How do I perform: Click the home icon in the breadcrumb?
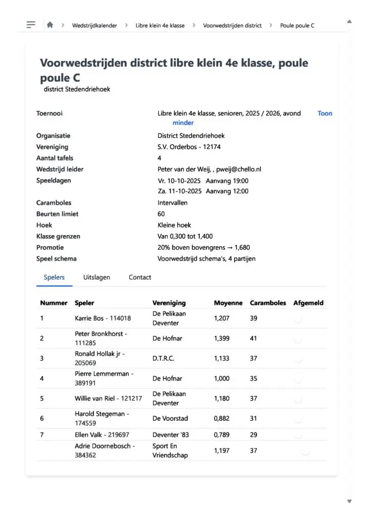pyautogui.click(x=50, y=25)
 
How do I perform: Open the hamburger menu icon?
pyautogui.click(x=31, y=25)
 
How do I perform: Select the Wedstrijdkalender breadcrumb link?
pyautogui.click(x=95, y=25)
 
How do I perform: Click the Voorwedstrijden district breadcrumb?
pyautogui.click(x=232, y=25)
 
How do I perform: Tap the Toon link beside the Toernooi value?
pyautogui.click(x=325, y=113)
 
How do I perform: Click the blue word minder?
pyautogui.click(x=183, y=123)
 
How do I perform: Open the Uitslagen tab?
pyautogui.click(x=97, y=277)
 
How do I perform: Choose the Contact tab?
pyautogui.click(x=140, y=277)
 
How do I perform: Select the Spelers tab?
pyautogui.click(x=54, y=277)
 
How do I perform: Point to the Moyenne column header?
pyautogui.click(x=228, y=303)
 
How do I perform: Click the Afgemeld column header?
pyautogui.click(x=308, y=303)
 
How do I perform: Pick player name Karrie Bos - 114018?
pyautogui.click(x=103, y=318)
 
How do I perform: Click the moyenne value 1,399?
pyautogui.click(x=222, y=338)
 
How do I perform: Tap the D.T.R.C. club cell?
pyautogui.click(x=163, y=359)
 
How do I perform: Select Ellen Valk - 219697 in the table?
pyautogui.click(x=102, y=435)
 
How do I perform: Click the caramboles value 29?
pyautogui.click(x=253, y=435)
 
